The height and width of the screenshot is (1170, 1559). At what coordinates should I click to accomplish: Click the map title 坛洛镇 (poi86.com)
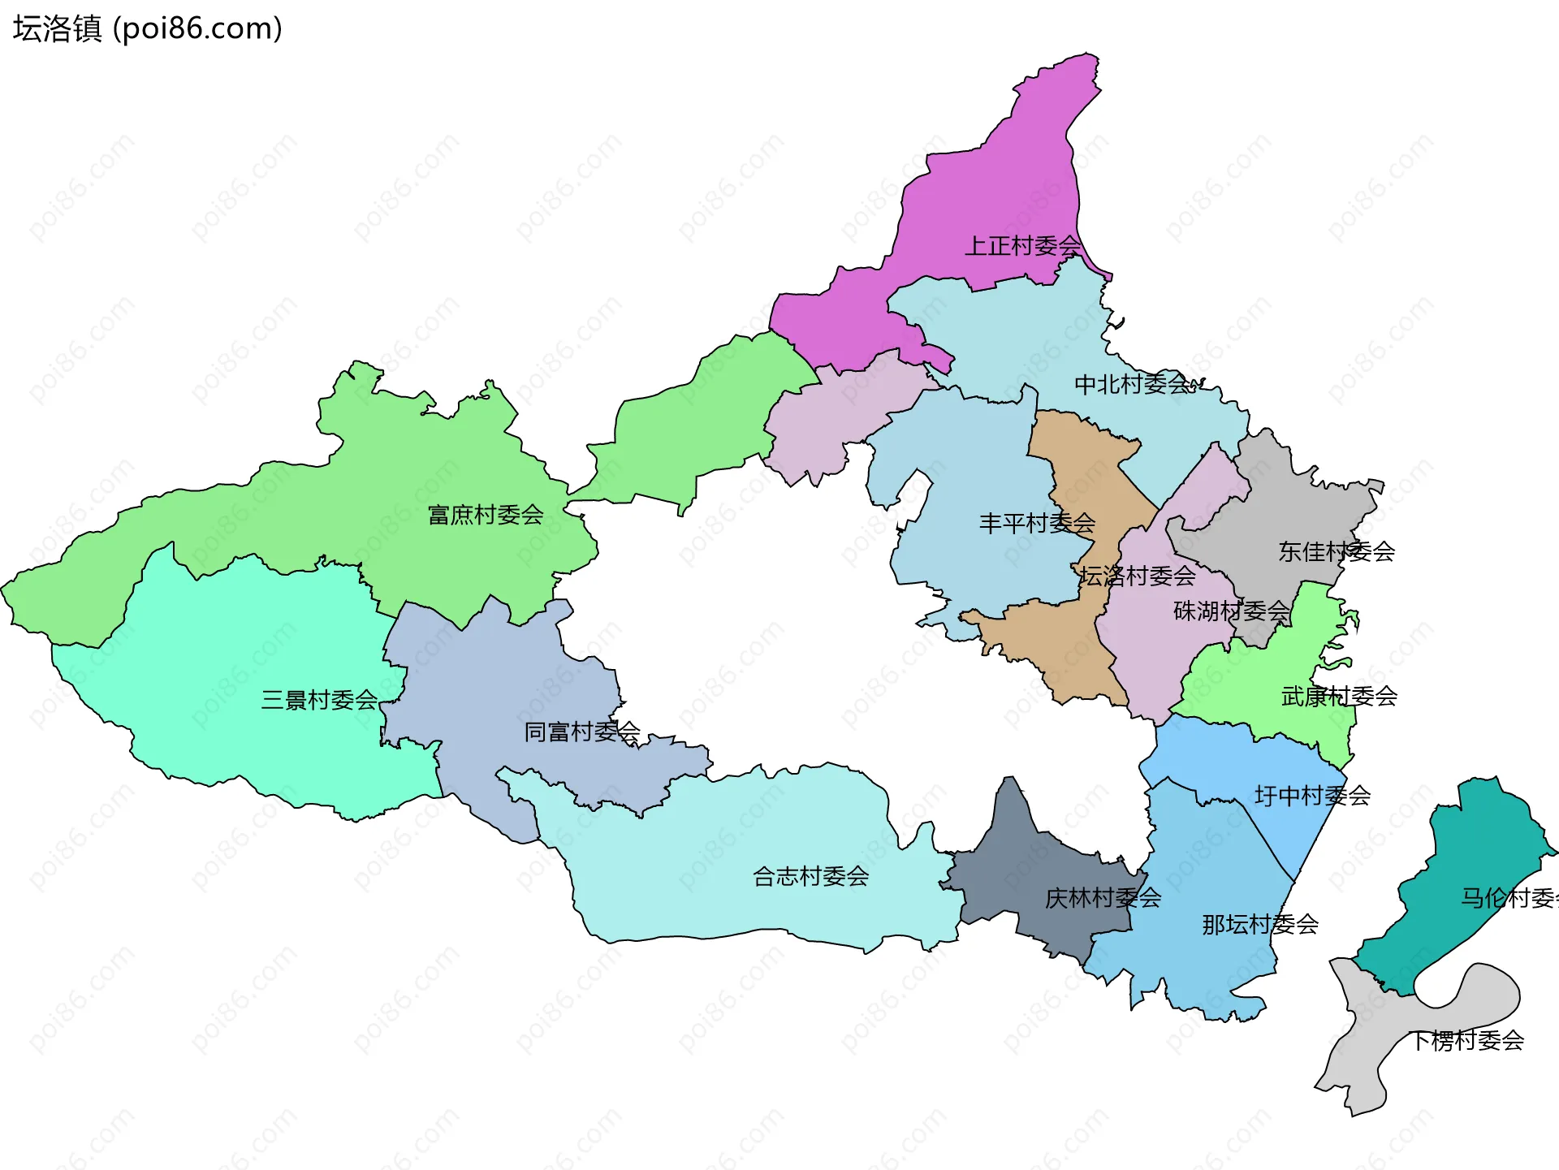coord(147,29)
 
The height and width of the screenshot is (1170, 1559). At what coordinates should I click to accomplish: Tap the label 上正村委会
coord(1022,245)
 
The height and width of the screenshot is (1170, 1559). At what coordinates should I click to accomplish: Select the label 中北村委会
coord(1133,384)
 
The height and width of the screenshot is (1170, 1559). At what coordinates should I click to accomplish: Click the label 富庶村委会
coord(486,515)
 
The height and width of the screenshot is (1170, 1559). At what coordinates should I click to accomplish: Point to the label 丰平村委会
coord(1037,523)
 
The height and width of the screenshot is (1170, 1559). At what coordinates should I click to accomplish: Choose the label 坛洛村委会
coord(1137,576)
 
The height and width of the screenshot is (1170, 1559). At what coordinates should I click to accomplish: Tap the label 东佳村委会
coord(1337,551)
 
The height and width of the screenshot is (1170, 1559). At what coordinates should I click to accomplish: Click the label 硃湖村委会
coord(1231,611)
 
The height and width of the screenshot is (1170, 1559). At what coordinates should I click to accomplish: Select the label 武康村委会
coord(1339,696)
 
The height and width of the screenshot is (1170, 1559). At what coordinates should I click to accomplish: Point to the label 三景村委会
coord(319,700)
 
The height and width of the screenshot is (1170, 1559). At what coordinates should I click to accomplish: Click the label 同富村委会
coord(581,732)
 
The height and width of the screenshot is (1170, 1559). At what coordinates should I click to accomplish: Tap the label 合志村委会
coord(810,876)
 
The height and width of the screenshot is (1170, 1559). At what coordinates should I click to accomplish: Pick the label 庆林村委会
coord(1103,898)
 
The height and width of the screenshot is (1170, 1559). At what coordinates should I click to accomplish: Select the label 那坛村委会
coord(1259,924)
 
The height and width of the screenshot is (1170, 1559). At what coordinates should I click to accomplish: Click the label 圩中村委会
coord(1312,796)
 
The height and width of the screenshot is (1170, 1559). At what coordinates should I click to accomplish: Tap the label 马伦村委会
coord(1509,898)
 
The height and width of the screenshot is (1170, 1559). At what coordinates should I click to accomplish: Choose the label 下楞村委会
coord(1466,1040)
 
